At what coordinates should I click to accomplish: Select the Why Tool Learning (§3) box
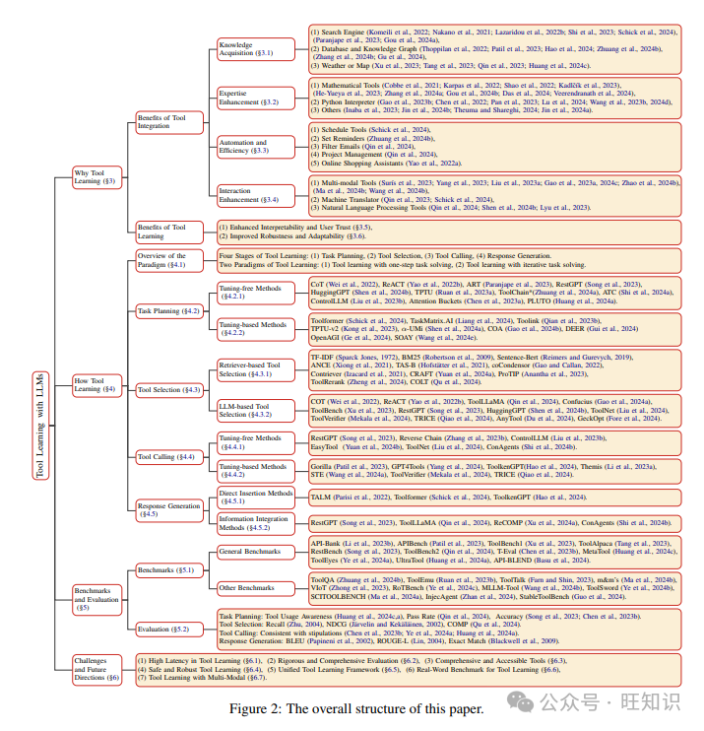point(96,177)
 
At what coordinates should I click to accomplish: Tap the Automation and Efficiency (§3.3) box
point(246,147)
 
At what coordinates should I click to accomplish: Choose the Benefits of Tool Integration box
point(163,121)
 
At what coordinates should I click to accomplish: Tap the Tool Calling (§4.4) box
point(165,457)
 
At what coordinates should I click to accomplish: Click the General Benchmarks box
point(247,552)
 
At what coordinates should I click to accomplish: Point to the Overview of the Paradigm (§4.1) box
point(165,260)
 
